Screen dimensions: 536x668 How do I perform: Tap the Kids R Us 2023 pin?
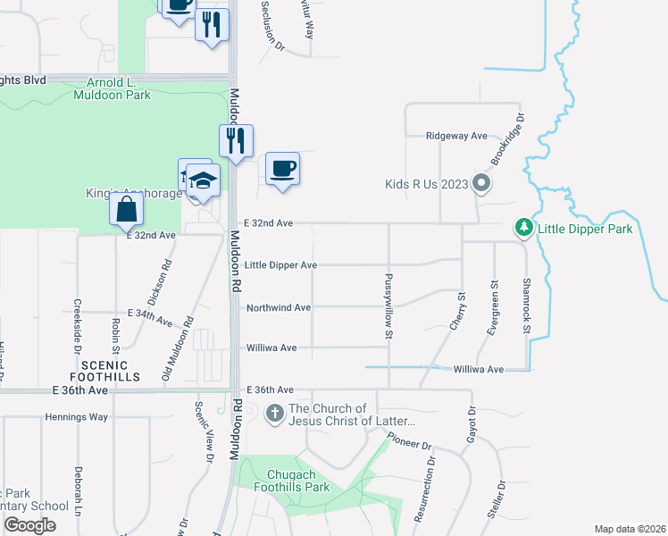coord(482,185)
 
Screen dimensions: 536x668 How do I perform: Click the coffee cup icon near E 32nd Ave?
coord(282,168)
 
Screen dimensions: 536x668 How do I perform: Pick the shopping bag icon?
coord(127,210)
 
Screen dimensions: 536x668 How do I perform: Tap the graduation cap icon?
coord(203,181)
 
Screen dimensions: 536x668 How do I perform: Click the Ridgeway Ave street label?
coord(456,136)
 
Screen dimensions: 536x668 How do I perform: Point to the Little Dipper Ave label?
coord(281,265)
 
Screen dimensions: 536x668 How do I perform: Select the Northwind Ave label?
coord(279,307)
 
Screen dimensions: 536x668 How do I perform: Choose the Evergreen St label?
coord(494,307)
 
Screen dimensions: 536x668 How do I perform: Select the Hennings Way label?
coord(76,417)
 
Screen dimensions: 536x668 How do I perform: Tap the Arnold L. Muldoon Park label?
coord(112,88)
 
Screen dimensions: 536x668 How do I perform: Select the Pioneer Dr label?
coord(409,441)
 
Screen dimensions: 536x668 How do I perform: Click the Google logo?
coord(29,525)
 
